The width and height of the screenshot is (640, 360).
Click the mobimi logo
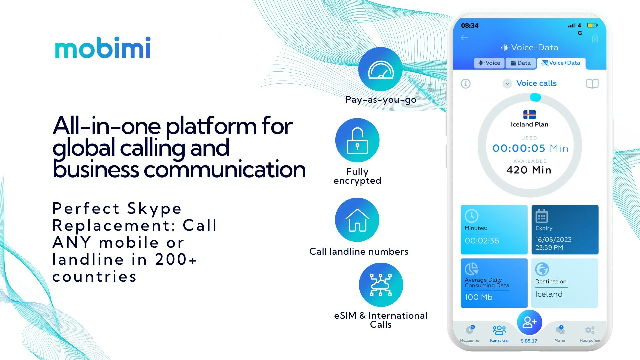(103, 48)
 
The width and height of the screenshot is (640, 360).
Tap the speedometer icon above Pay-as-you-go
(380, 69)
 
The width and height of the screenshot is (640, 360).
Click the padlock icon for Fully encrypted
(357, 140)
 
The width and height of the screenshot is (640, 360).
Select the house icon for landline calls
(357, 220)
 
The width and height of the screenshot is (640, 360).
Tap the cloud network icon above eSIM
(381, 285)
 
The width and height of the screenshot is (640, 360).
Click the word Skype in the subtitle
(154, 209)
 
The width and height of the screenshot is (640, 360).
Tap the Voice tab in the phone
(489, 63)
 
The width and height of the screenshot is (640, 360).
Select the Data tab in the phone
(521, 63)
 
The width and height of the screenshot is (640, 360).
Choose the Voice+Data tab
(561, 63)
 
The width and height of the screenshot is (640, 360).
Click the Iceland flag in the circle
(529, 115)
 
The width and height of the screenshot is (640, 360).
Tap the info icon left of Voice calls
(466, 83)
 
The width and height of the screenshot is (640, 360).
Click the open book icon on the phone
(592, 83)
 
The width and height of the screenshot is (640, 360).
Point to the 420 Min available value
(529, 170)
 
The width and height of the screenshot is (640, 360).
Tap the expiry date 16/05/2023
(553, 240)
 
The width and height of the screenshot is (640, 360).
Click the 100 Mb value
(478, 297)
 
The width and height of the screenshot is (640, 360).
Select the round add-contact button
(529, 322)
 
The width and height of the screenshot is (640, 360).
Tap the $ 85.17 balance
(529, 341)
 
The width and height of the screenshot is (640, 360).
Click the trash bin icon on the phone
(595, 38)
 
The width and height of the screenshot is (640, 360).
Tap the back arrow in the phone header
(465, 38)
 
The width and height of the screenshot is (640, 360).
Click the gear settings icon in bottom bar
(590, 330)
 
